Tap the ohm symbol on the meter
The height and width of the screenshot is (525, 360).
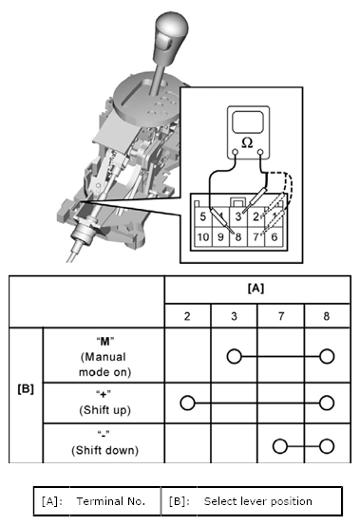pyautogui.click(x=247, y=143)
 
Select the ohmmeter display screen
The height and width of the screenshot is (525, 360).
pyautogui.click(x=248, y=122)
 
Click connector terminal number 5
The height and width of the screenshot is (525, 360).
pyautogui.click(x=203, y=216)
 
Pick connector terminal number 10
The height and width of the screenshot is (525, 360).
pyautogui.click(x=203, y=237)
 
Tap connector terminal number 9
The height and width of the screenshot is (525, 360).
pyautogui.click(x=220, y=237)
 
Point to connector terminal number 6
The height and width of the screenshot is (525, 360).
pyautogui.click(x=275, y=237)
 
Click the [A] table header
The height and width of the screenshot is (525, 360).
pyautogui.click(x=256, y=288)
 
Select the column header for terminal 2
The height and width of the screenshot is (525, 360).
pyautogui.click(x=187, y=316)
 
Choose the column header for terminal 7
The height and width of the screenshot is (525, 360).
pyautogui.click(x=281, y=316)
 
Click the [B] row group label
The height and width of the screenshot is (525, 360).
pyautogui.click(x=26, y=389)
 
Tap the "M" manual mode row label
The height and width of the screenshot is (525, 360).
pyautogui.click(x=104, y=357)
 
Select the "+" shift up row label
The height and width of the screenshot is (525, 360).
pyautogui.click(x=104, y=403)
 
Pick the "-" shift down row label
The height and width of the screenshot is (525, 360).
pyautogui.click(x=104, y=442)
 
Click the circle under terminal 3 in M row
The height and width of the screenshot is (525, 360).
pyautogui.click(x=234, y=356)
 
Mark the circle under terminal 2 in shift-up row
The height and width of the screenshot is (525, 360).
pyautogui.click(x=187, y=403)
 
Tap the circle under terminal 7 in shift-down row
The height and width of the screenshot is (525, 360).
pyautogui.click(x=280, y=446)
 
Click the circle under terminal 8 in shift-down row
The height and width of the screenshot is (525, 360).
pyautogui.click(x=327, y=446)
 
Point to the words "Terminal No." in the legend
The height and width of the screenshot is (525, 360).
pyautogui.click(x=111, y=501)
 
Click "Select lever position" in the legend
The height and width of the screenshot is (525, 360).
pyautogui.click(x=258, y=501)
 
